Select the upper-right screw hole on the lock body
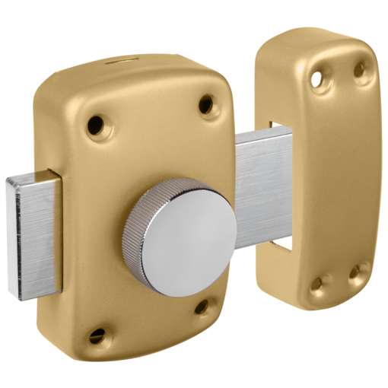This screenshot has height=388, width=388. tap(205, 104)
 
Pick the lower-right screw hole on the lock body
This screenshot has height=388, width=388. tap(202, 307)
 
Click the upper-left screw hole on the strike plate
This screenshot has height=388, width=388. tap(313, 77)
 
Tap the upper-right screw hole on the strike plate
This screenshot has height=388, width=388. tap(358, 70)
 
